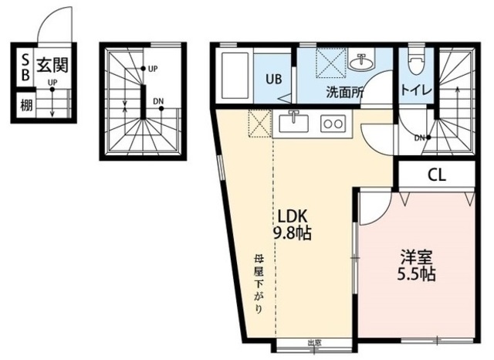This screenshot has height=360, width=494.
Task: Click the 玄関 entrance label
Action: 52,65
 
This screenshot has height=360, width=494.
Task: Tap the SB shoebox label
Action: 25,67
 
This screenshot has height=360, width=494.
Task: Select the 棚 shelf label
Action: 26,105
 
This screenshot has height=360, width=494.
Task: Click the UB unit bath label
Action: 273,79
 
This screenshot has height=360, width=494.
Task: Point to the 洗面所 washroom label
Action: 345,92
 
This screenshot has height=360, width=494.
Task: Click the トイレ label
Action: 416,90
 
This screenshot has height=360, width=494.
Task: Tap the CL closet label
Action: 437,175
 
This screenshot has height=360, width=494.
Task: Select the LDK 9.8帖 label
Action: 292,225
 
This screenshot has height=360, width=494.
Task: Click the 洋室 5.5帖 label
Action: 416,265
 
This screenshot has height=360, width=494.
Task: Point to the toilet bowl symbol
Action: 416,62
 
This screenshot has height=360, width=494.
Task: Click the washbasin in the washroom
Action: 361,59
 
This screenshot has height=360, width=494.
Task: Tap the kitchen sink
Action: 293,124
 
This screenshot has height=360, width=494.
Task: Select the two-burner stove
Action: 333,124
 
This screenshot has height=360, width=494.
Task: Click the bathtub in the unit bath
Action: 236,76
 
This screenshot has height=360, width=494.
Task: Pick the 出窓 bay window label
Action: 314,343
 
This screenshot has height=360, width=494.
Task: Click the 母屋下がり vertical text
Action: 258,284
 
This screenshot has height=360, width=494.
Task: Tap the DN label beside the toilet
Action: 419,138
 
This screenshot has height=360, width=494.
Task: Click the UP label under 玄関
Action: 52,83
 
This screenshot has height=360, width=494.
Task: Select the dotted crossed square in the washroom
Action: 331,62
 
